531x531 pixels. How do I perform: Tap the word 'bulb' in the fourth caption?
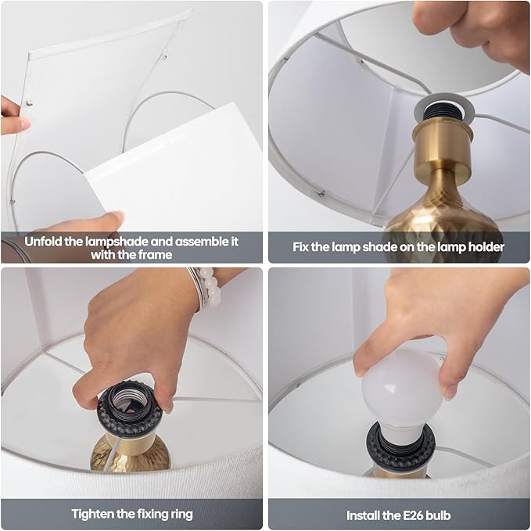pyautogui.click(x=438, y=515)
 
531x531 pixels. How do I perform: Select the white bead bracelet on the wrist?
pyautogui.click(x=210, y=288)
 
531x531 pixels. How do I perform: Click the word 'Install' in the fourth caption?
pyautogui.click(x=362, y=515)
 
